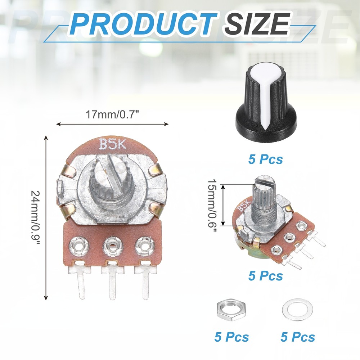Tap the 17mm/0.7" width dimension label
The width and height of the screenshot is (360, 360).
click(x=112, y=115)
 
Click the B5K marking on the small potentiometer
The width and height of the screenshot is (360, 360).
click(x=243, y=206)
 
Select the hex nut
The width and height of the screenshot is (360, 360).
click(x=231, y=310)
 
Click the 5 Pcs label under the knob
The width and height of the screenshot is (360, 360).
click(x=266, y=159)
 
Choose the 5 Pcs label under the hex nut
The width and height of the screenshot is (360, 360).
click(x=231, y=337)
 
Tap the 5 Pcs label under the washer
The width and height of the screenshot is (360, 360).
click(x=298, y=337)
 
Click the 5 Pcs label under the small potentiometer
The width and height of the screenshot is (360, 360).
click(x=266, y=276)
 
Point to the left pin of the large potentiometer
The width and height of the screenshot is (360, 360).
click(x=81, y=284)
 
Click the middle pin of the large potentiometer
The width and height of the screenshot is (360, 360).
click(x=113, y=284)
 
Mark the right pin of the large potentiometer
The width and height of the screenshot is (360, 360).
click(x=145, y=284)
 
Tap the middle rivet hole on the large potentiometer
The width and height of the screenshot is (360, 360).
click(x=112, y=247)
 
